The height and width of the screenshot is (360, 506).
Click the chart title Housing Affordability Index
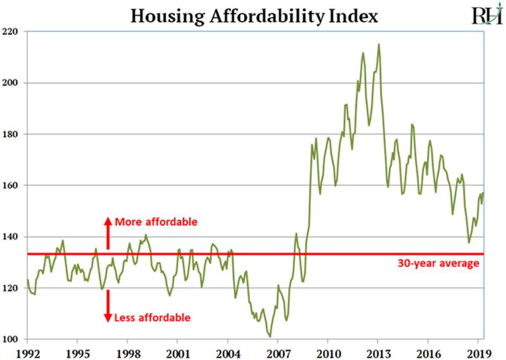pyautogui.click(x=254, y=15)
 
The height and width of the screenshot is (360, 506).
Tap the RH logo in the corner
pyautogui.click(x=483, y=15)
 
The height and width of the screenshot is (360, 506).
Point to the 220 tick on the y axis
pyautogui.click(x=15, y=31)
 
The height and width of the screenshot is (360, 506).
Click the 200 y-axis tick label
pyautogui.click(x=15, y=83)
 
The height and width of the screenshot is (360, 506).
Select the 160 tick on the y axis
pyautogui.click(x=15, y=185)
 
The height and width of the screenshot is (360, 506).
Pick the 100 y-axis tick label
pyautogui.click(x=15, y=340)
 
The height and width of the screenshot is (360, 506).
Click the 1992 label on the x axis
pyautogui.click(x=28, y=352)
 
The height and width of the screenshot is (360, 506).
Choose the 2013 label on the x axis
pyautogui.click(x=378, y=352)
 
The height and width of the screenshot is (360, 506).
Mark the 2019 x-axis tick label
pyautogui.click(x=478, y=352)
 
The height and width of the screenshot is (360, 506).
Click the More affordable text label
pyautogui.click(x=156, y=223)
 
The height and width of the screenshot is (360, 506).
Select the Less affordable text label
pyautogui.click(x=152, y=318)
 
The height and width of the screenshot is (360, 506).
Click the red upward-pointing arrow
pyautogui.click(x=107, y=232)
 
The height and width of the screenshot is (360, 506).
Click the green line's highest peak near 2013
pyautogui.click(x=379, y=44)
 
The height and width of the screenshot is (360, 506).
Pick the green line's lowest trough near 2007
pyautogui.click(x=270, y=337)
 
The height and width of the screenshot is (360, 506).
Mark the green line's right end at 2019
pyautogui.click(x=483, y=193)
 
